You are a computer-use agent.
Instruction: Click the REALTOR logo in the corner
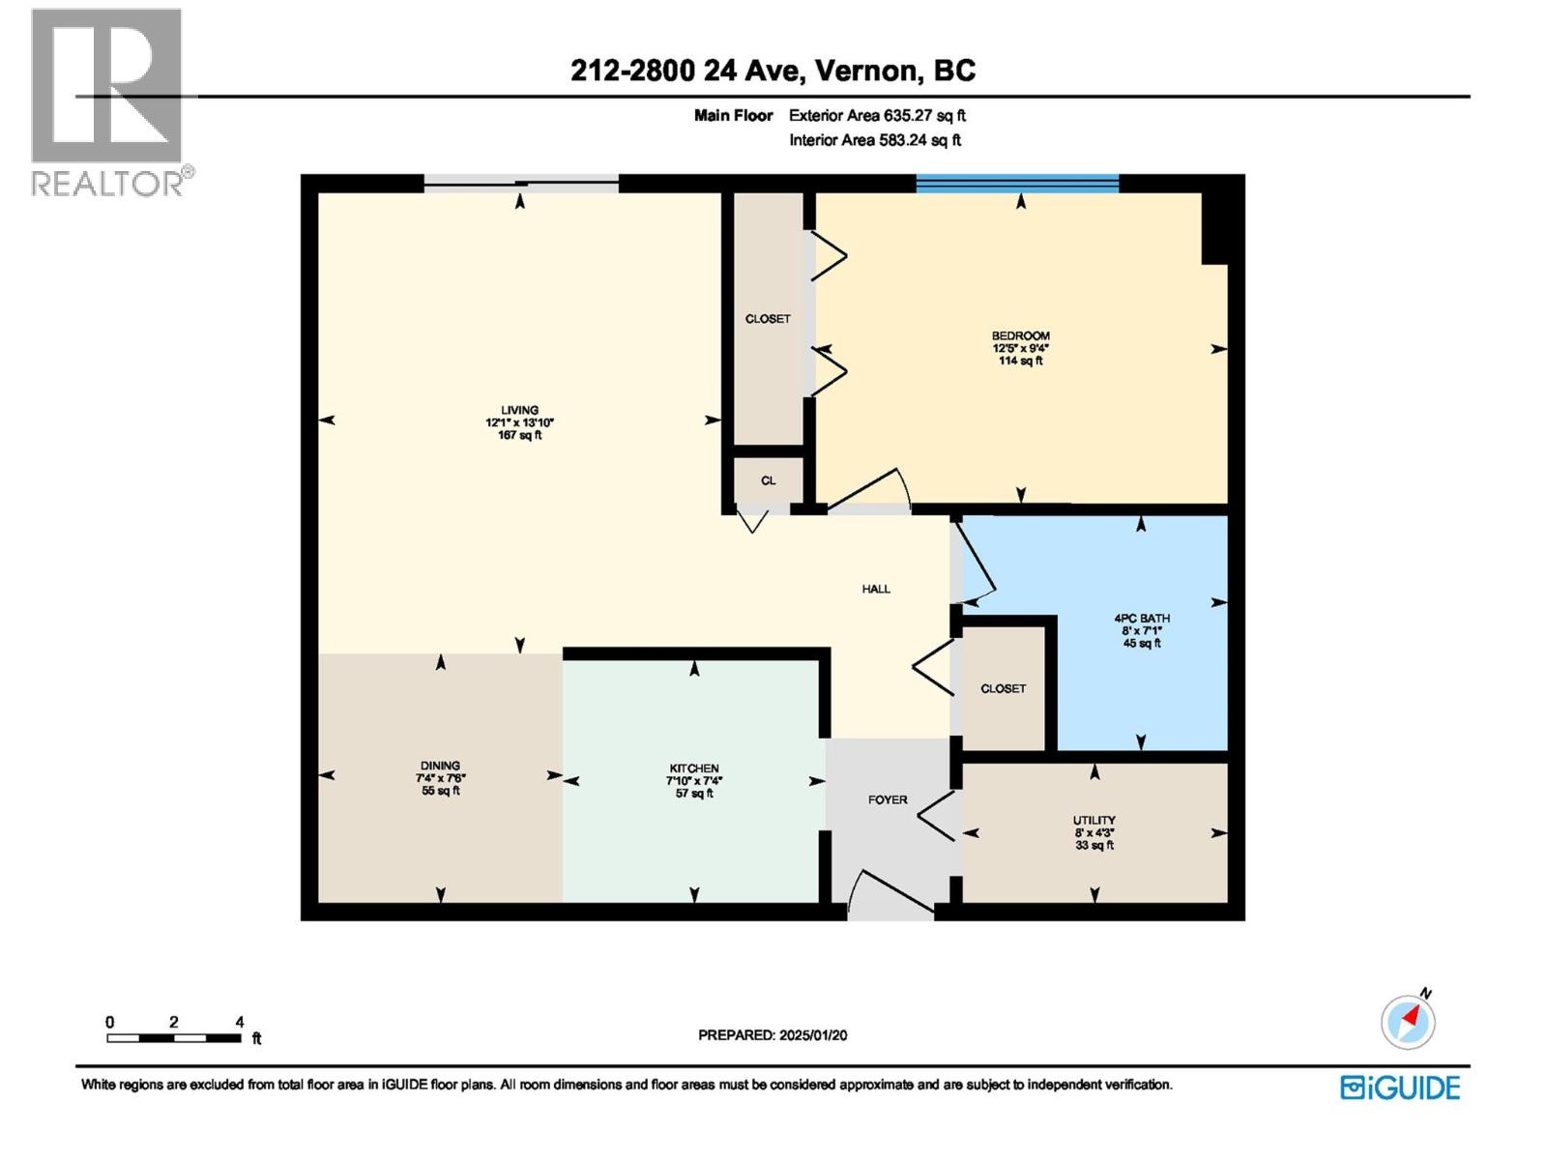pos(108,101)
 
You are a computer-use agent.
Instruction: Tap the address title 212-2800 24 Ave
pos(773,71)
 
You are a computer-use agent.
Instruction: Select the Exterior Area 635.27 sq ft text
pos(877,115)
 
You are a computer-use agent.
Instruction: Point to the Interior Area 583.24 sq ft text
pos(875,140)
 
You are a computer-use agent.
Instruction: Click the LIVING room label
pos(519,410)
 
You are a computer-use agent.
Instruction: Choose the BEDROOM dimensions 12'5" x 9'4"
pos(1020,348)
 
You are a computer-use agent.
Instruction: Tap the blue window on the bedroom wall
pos(1017,184)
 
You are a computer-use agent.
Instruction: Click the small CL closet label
pos(768,480)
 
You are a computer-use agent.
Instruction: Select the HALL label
pos(876,589)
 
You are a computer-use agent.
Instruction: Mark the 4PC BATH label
pos(1142,618)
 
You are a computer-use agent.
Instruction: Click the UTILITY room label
pos(1094,820)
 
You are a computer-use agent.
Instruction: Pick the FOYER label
pos(887,799)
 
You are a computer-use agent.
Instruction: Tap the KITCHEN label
pos(693,768)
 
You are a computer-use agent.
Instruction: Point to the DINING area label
pos(440,766)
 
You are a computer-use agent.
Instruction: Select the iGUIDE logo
pos(1400,1087)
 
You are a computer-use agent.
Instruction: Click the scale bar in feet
pos(174,1038)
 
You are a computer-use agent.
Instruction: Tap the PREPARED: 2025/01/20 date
pos(773,1034)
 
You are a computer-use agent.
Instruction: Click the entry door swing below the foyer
pos(890,891)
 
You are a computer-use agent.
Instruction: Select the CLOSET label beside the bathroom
pos(1003,688)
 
